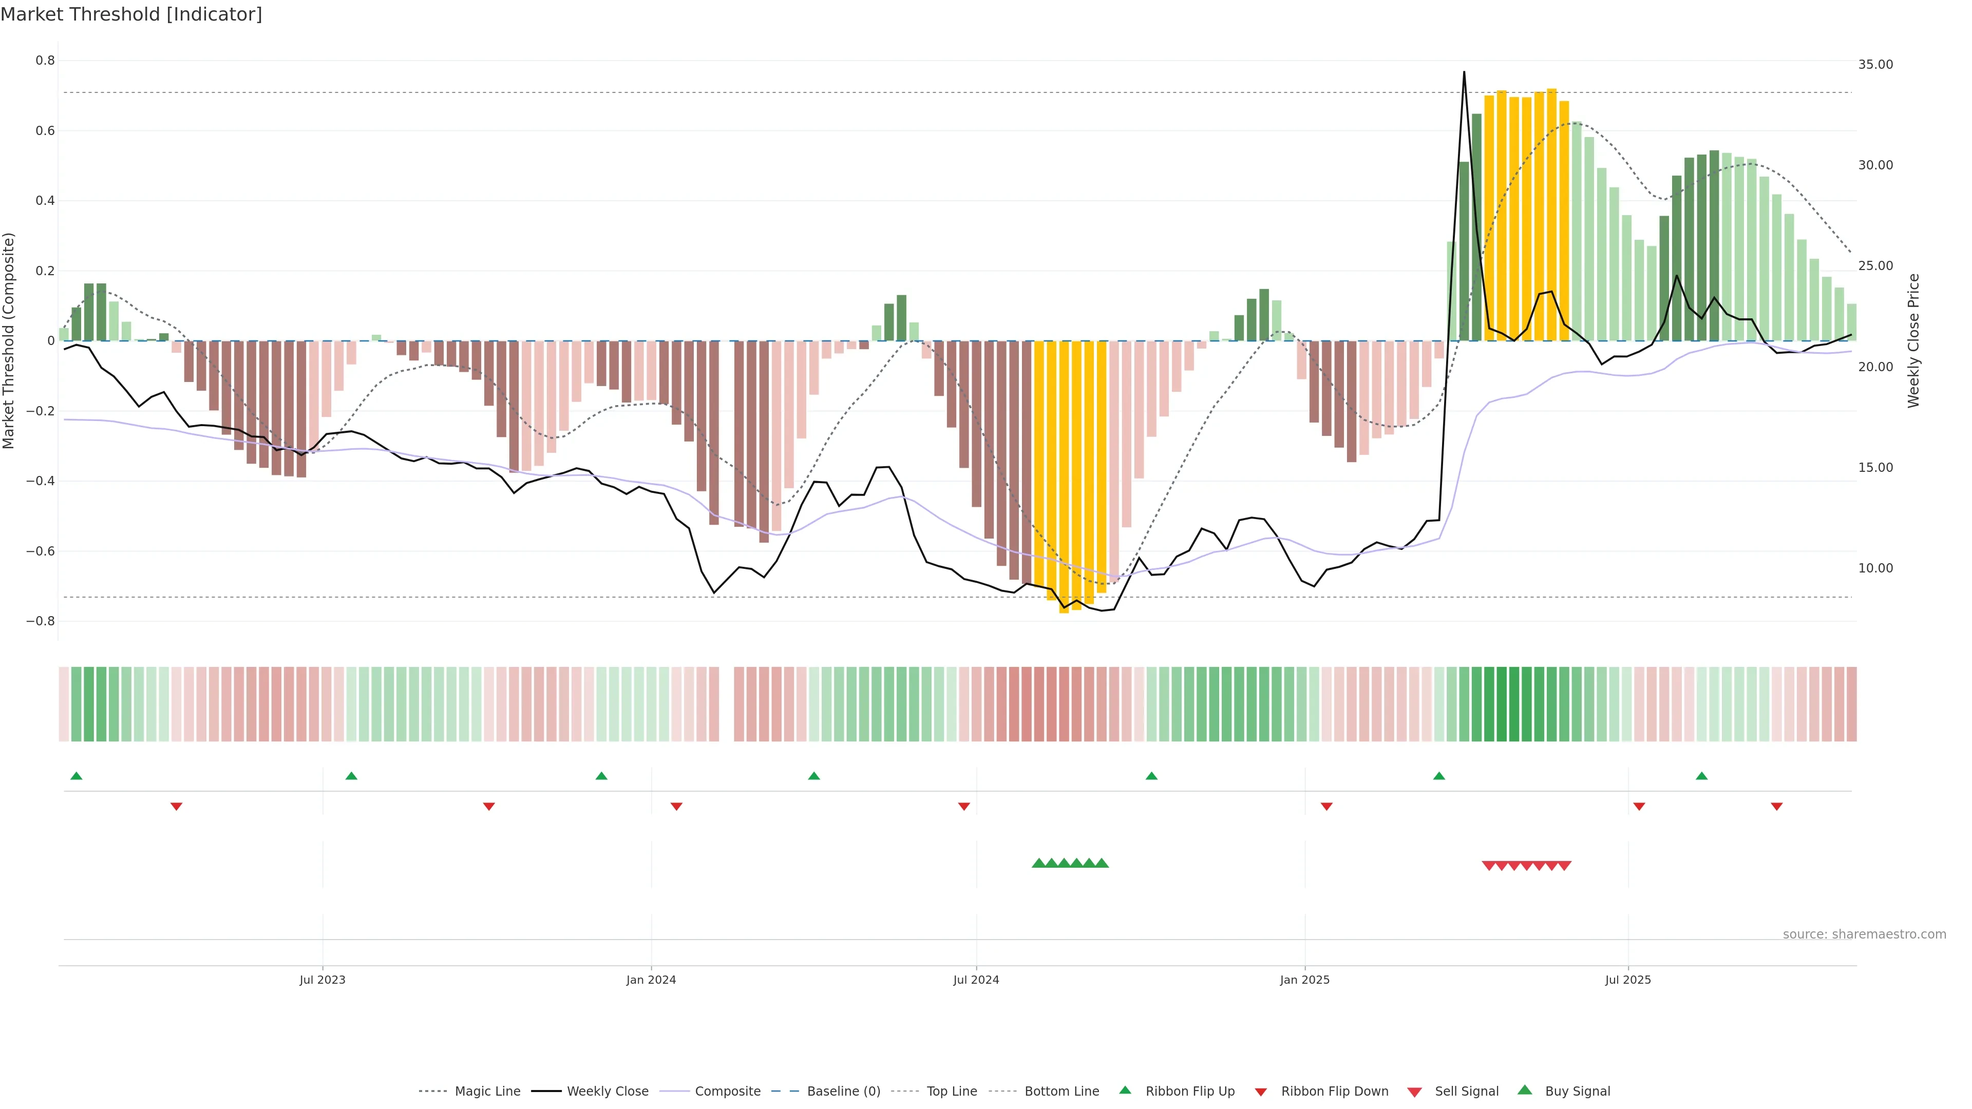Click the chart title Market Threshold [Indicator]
point(131,14)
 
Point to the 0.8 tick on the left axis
point(45,61)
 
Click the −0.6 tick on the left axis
point(41,551)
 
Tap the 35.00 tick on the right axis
point(1875,64)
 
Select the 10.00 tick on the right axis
point(1875,568)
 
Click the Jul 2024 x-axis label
point(976,980)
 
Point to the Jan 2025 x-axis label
point(1304,980)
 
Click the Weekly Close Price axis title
point(1914,340)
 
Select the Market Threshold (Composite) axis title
point(9,340)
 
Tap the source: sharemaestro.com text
point(1864,934)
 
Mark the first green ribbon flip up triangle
point(77,776)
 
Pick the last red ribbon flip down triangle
point(1777,807)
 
